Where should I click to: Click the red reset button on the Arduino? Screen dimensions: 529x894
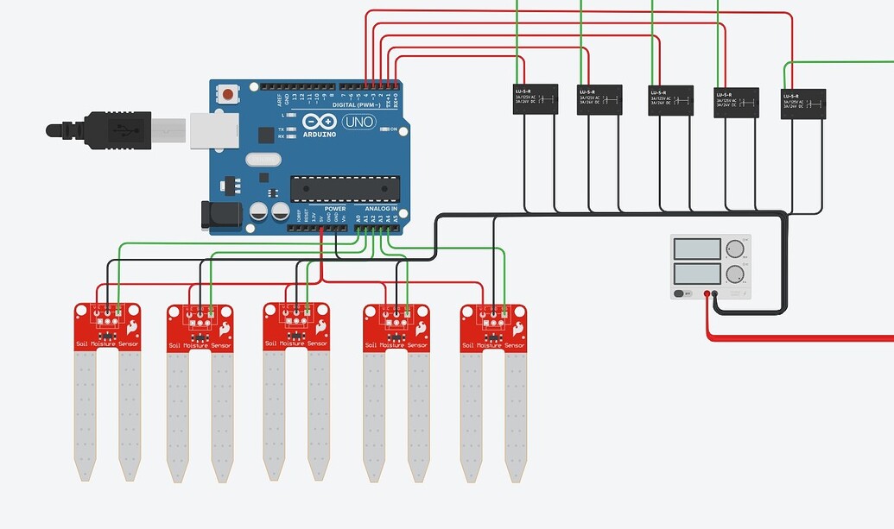click(227, 93)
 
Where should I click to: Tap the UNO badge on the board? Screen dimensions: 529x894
click(358, 122)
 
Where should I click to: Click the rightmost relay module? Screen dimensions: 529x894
click(802, 104)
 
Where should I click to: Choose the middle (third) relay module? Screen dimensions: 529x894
click(670, 100)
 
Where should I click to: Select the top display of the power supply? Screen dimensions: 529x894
click(696, 249)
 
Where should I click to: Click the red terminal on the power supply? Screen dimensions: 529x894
click(707, 294)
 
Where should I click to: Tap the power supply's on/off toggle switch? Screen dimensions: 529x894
click(682, 293)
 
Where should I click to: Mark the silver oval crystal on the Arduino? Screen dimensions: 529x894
click(263, 159)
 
